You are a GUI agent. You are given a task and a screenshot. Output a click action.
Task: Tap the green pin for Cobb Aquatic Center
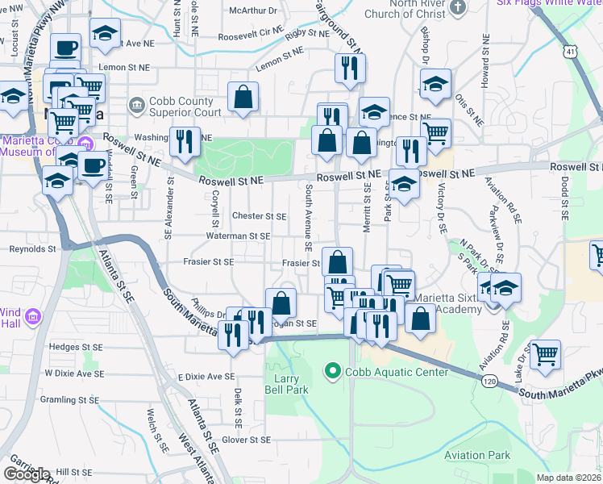pyautogui.click(x=331, y=372)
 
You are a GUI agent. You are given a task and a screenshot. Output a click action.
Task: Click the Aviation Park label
pyautogui.click(x=477, y=456)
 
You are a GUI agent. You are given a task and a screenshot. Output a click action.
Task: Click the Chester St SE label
pyautogui.click(x=259, y=216)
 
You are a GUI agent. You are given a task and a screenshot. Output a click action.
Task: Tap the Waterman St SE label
pyautogui.click(x=238, y=236)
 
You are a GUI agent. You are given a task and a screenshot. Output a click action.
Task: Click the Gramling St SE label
pyautogui.click(x=69, y=399)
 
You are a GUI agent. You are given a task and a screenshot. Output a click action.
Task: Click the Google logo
pyautogui.click(x=27, y=474)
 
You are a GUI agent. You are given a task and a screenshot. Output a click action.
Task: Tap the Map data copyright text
pyautogui.click(x=569, y=478)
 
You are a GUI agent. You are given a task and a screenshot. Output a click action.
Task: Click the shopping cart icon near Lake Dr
pyautogui.click(x=546, y=353)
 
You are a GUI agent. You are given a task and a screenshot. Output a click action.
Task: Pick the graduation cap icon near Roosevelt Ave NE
pyautogui.click(x=105, y=33)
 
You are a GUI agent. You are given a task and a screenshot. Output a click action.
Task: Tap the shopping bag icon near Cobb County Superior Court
pyautogui.click(x=243, y=97)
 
